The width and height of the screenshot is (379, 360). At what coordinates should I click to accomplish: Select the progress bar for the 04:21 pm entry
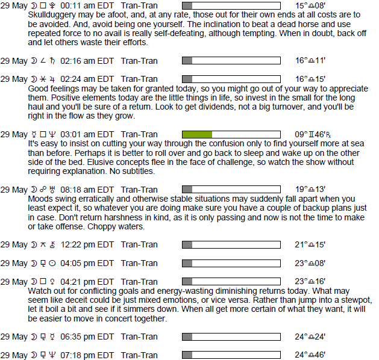pyautogui.click(x=231, y=281)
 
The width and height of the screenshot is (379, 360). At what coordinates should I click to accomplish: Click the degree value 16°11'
pyautogui.click(x=310, y=61)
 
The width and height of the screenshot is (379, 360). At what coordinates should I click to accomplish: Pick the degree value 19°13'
pyautogui.click(x=310, y=190)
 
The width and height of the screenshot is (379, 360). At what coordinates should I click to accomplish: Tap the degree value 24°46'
pyautogui.click(x=310, y=355)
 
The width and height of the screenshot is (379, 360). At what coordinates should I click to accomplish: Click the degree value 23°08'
pyautogui.click(x=310, y=263)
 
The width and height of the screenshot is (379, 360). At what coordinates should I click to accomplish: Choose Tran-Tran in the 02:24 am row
pyautogui.click(x=140, y=79)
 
